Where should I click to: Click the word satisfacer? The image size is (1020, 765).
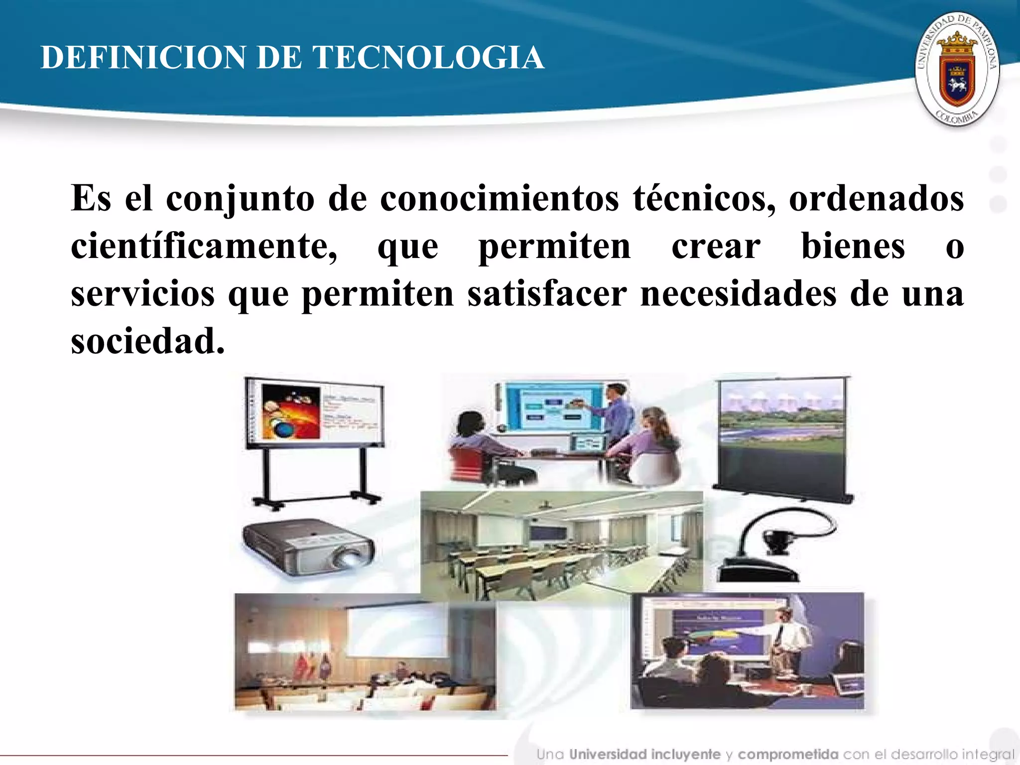click(547, 294)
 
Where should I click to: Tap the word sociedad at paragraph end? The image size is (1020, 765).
click(148, 342)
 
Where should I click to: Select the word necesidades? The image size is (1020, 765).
click(738, 294)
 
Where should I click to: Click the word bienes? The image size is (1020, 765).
click(853, 246)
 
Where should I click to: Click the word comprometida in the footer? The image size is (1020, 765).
click(788, 755)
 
